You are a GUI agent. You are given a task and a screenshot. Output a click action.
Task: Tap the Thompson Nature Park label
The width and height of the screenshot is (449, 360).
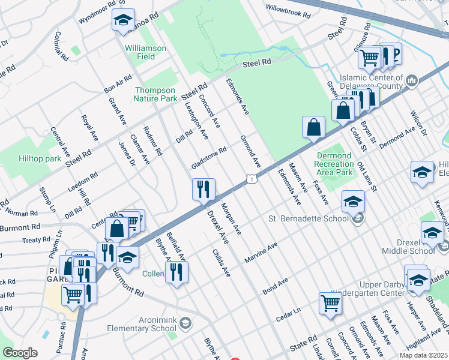click(x=155, y=94)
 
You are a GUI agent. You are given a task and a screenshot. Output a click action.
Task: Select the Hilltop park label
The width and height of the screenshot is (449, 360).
click(x=40, y=159)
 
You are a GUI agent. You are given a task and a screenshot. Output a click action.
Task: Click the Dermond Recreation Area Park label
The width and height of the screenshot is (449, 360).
click(x=334, y=164)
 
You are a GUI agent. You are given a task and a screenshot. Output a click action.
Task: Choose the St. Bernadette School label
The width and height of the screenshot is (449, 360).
click(x=309, y=218)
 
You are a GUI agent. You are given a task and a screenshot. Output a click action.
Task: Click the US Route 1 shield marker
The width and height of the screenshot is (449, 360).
click(x=252, y=179)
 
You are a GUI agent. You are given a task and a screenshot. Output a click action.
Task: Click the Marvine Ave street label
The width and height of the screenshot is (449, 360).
click(x=261, y=254)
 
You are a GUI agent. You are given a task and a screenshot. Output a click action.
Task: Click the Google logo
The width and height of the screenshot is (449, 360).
click(x=20, y=353)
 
